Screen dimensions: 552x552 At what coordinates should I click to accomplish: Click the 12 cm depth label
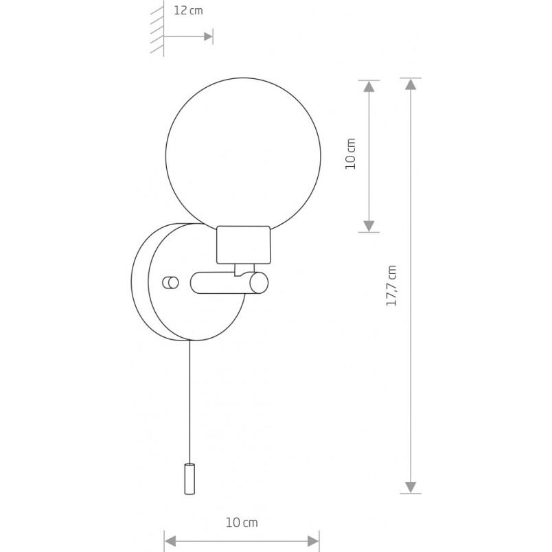tap(188, 10)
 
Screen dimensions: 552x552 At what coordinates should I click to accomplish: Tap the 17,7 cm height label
tap(391, 286)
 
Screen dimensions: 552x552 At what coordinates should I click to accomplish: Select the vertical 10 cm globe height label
tap(350, 154)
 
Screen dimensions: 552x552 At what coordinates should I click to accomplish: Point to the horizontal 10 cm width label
tap(242, 522)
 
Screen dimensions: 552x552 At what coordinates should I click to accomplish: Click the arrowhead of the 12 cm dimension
tap(209, 36)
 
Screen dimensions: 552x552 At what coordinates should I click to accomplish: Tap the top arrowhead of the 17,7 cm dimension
tap(411, 84)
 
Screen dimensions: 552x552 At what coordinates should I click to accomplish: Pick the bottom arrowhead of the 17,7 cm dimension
tap(411, 487)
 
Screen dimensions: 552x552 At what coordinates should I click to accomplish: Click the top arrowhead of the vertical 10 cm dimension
tap(369, 87)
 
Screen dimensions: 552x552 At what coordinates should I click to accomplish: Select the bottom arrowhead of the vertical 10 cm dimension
tap(369, 226)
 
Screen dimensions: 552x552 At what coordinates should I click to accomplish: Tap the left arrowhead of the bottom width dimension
tap(170, 541)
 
